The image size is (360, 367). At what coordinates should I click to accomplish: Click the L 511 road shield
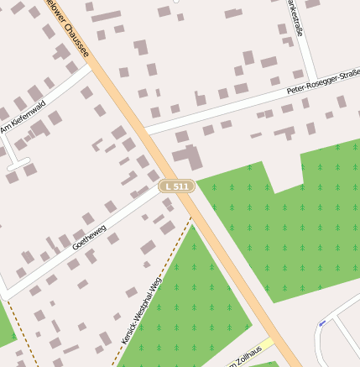click(x=177, y=186)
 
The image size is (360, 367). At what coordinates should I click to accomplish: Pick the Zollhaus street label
click(x=249, y=356)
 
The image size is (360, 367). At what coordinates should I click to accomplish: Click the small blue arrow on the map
click(x=322, y=323)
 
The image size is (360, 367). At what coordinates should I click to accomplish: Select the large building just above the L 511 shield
click(x=188, y=157)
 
